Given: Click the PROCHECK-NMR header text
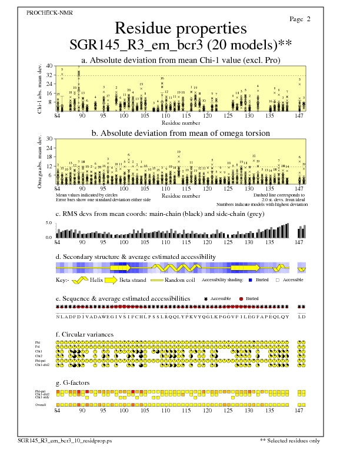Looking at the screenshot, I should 42,12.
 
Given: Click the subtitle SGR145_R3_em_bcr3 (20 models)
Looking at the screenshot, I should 176,45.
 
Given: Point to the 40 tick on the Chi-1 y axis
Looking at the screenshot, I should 49,66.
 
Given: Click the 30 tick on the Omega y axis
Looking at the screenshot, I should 49,139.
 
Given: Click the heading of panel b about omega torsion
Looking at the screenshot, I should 181,134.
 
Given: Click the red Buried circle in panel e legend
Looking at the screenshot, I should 242,298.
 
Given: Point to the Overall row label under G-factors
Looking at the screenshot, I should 41,405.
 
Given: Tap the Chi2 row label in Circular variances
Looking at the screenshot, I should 39,356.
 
